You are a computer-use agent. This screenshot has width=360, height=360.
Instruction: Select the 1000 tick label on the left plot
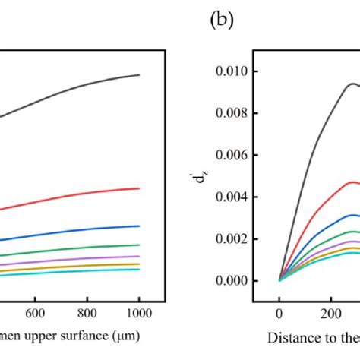click(139, 311)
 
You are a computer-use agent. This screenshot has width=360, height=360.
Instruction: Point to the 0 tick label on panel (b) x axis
click(279, 311)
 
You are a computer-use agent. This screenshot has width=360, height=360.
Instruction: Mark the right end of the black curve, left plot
click(139, 74)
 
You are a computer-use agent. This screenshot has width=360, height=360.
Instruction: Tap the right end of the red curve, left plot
click(139, 188)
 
